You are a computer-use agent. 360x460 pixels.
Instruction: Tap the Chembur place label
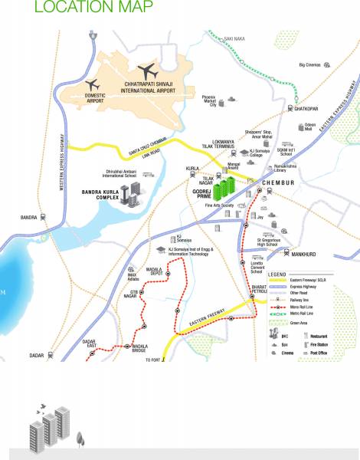279,183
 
